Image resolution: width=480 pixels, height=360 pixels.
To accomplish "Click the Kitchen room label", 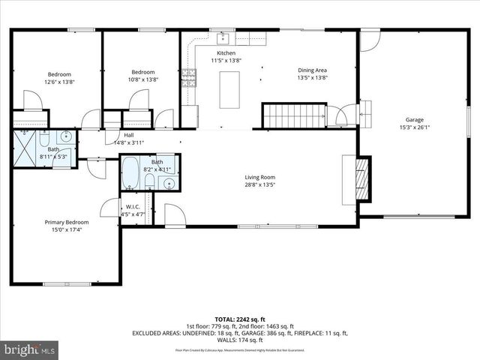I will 226,54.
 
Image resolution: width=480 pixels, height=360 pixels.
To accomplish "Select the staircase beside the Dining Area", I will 294,115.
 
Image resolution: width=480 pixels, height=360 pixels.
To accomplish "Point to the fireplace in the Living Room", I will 361,180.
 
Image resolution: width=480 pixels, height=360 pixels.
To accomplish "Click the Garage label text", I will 415,119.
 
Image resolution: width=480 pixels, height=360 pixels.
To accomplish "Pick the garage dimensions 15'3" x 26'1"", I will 415,127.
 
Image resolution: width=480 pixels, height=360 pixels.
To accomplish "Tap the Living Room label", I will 259,178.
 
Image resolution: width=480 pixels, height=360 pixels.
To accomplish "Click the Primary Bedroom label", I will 67,223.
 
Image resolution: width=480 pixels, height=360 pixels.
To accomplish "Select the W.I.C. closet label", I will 133,207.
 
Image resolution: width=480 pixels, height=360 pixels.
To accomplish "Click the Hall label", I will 129,135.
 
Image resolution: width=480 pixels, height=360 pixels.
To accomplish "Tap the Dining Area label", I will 312,70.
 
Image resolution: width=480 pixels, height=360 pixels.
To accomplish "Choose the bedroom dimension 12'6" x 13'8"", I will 59,82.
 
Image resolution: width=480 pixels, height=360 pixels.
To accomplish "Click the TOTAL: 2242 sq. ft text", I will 240,319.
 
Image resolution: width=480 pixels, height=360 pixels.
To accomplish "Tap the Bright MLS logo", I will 30,349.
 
